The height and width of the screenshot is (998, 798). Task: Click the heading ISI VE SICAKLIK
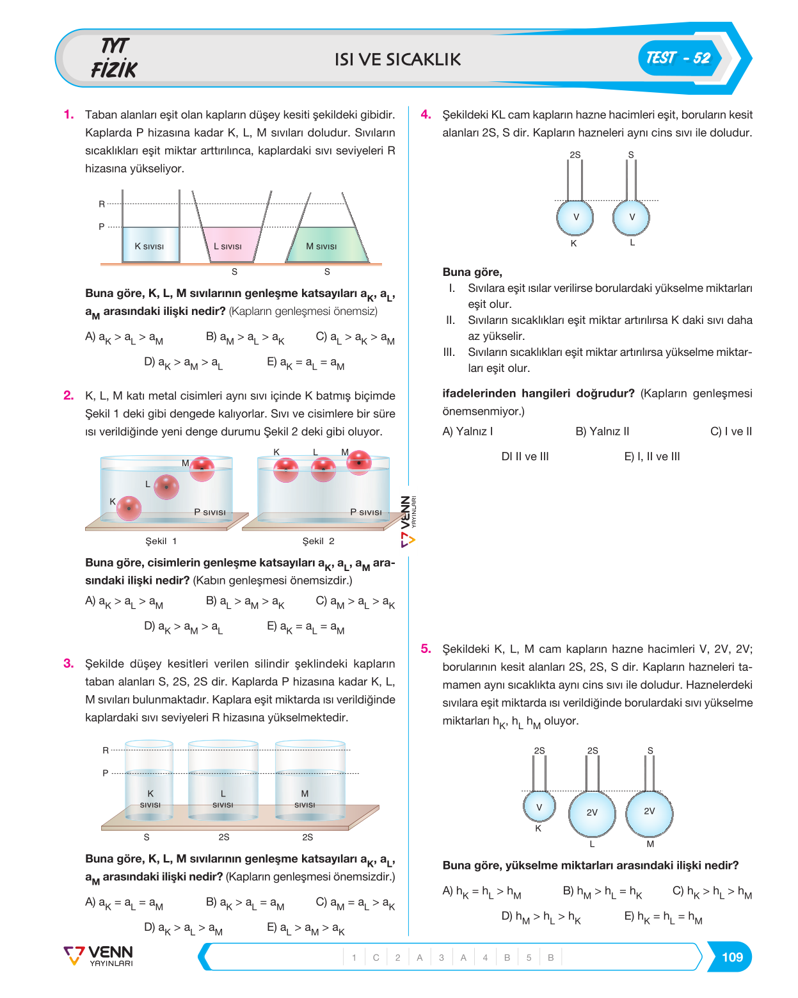point(398,60)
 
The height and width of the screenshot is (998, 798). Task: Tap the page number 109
point(731,956)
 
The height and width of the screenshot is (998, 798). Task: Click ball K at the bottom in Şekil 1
point(129,508)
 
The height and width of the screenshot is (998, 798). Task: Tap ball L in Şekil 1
point(166,487)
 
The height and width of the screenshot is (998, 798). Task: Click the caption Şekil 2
point(318,541)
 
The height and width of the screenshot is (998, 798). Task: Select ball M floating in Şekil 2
point(358,462)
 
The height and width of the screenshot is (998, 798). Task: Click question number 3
point(68,663)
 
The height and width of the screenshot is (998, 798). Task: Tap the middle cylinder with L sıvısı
point(223,780)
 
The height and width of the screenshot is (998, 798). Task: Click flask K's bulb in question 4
point(575,217)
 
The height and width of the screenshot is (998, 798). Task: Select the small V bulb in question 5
point(539,807)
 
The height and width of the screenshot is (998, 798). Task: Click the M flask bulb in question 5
point(649,814)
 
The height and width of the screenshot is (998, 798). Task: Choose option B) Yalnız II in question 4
point(602,431)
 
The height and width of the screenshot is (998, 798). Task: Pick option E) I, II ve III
point(652,456)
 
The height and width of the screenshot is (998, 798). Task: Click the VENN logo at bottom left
point(99,956)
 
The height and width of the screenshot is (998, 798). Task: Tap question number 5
point(426,648)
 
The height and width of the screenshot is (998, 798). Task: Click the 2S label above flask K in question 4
point(575,154)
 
